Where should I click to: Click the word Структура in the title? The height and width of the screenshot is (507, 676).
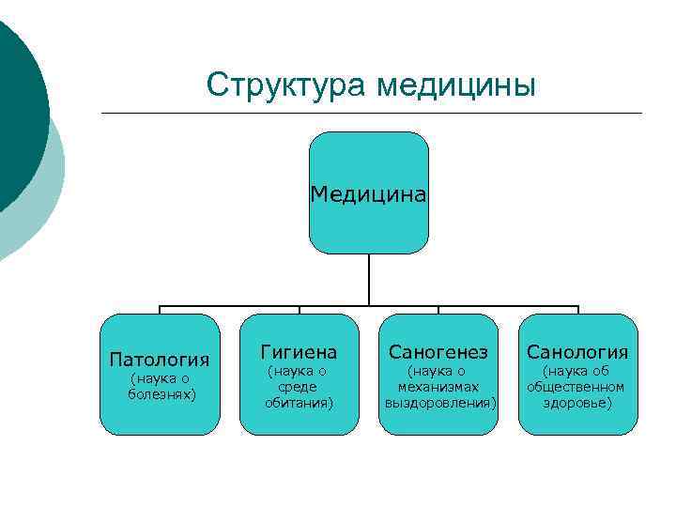287,84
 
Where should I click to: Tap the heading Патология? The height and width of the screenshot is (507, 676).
159,359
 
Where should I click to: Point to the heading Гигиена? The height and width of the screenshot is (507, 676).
299,352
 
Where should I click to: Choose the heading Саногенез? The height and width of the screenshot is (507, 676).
438,352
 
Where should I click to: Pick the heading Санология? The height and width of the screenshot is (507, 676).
577,352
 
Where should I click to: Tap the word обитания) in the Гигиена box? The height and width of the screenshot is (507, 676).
299,402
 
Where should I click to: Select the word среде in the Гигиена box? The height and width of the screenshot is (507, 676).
299,387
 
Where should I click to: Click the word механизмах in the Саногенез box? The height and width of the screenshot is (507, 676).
438,387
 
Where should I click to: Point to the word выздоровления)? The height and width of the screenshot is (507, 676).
439,402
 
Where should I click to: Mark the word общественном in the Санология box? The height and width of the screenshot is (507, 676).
576,387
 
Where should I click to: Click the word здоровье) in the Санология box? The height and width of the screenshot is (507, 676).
576,402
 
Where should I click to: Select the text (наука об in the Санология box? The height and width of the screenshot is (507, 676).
576,372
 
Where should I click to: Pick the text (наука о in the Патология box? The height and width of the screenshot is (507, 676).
159,377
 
